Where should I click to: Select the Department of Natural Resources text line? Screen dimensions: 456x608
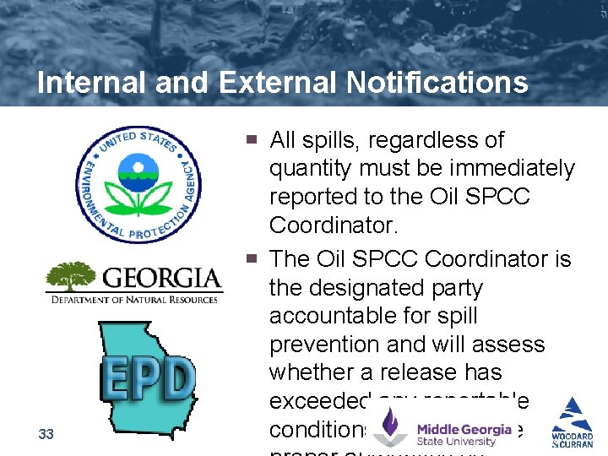(x=134, y=299)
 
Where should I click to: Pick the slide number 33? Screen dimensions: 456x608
(x=46, y=434)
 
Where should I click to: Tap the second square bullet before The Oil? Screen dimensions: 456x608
(x=252, y=258)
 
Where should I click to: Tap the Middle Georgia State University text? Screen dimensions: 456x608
(x=464, y=435)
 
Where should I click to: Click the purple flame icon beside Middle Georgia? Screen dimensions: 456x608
(x=391, y=426)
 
